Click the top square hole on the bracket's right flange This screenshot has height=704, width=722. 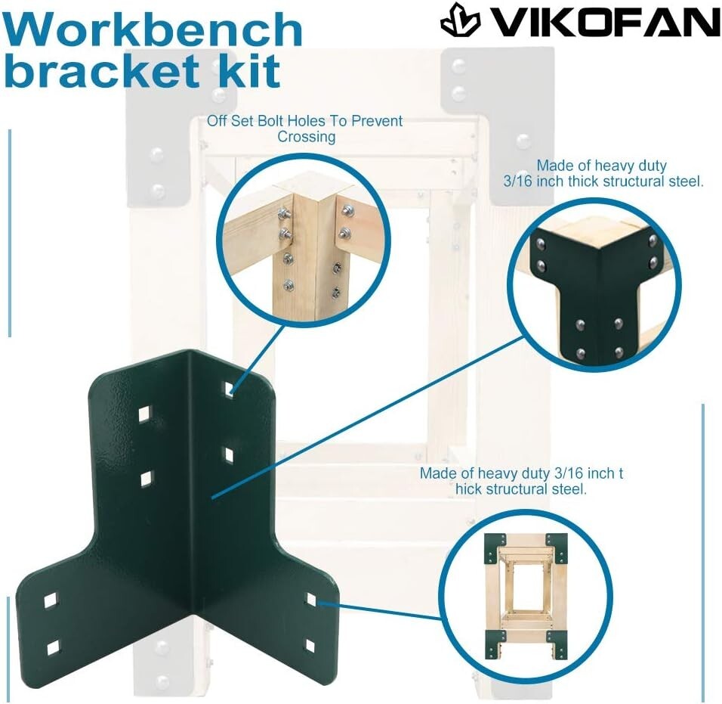229,388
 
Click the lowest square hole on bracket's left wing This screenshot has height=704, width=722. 53,647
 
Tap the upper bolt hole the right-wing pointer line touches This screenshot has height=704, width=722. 310,600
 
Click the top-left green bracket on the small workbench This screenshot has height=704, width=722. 496,547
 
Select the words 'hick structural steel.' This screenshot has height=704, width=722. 521,489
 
